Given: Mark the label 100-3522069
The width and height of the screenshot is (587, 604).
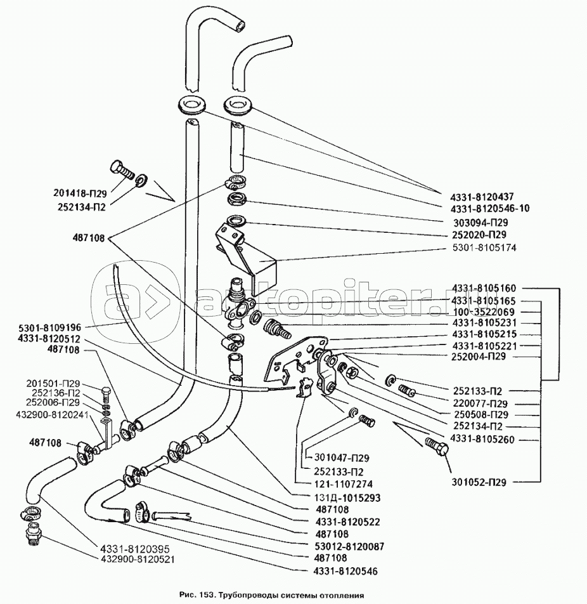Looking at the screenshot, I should (484, 313).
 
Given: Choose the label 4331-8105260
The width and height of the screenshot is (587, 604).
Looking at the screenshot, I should (482, 439).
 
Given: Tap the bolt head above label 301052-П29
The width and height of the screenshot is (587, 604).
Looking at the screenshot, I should (437, 445).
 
